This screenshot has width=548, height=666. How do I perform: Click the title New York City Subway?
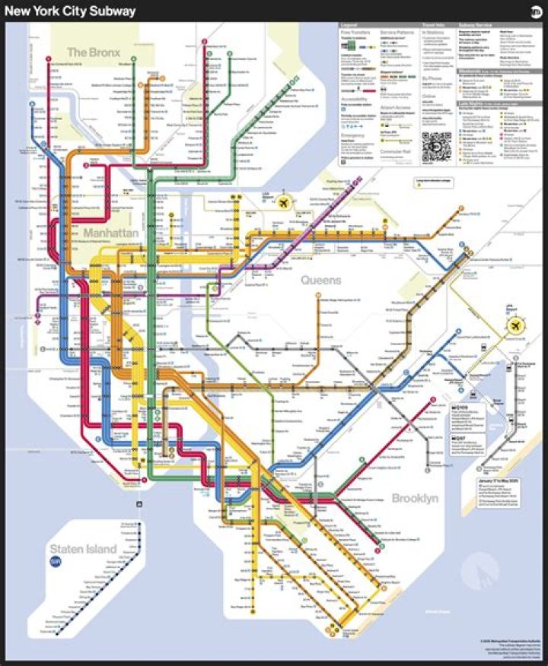(x=72, y=11)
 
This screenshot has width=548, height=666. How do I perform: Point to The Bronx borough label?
(x=90, y=52)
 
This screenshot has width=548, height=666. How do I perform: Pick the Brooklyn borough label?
(x=415, y=499)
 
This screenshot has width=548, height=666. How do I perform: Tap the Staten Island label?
(x=83, y=549)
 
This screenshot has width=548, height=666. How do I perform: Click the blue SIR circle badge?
(x=55, y=562)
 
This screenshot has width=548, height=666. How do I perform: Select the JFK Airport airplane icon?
(x=517, y=325)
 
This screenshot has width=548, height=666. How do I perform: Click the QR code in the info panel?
(x=436, y=144)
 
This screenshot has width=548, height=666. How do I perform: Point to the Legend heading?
(x=349, y=25)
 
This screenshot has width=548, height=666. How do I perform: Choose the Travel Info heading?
(x=433, y=25)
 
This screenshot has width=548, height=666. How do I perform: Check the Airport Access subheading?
(x=396, y=108)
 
